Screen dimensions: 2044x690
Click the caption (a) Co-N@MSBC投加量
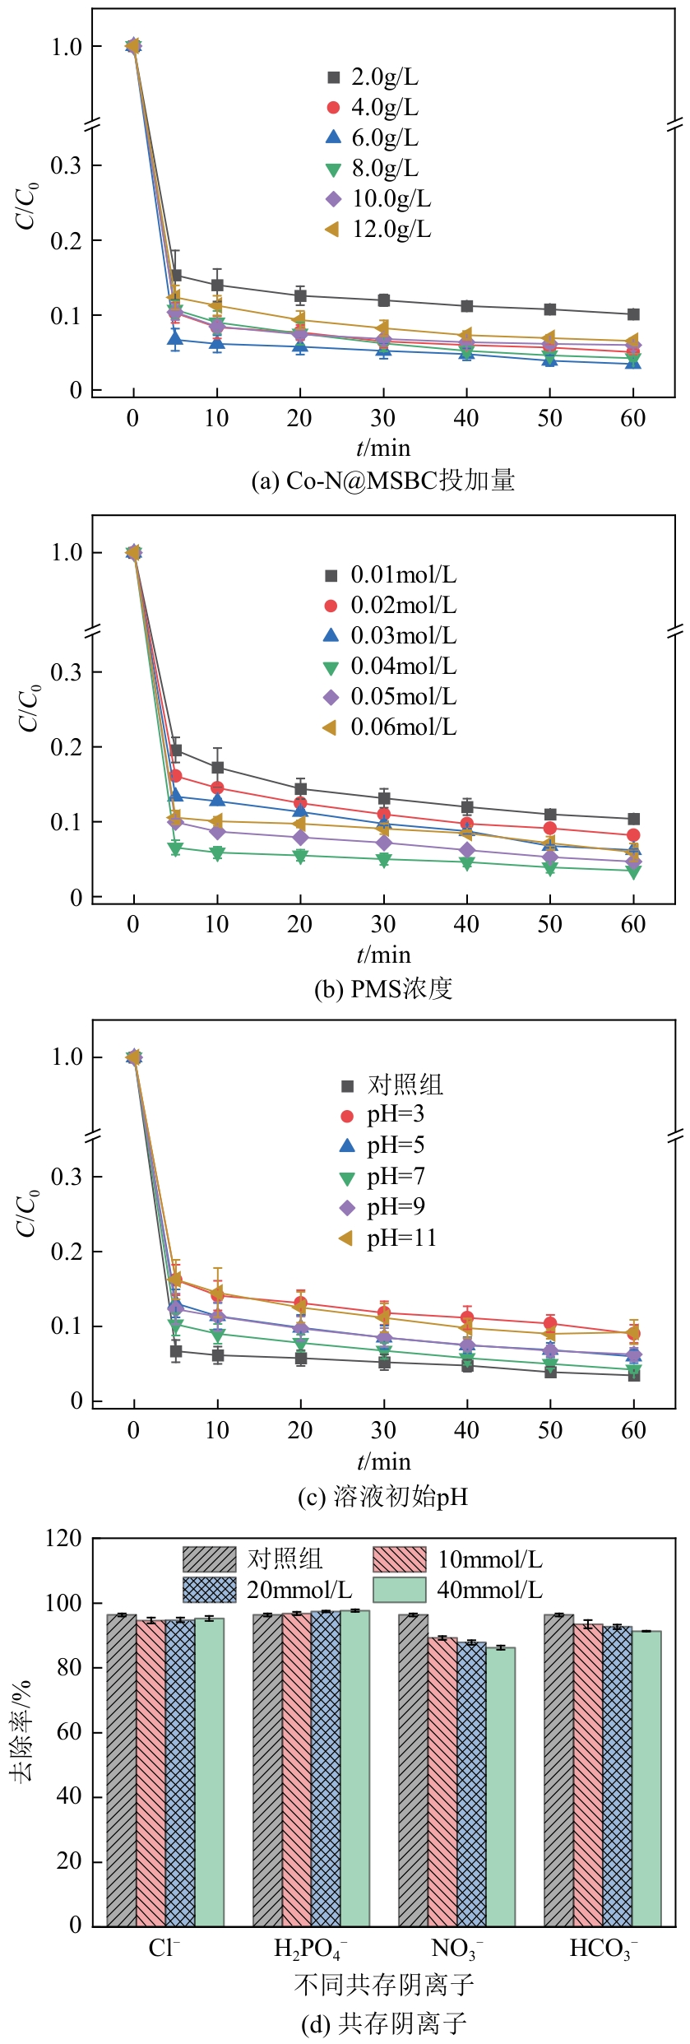pyautogui.click(x=382, y=480)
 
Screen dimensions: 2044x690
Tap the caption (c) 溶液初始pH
pyautogui.click(x=382, y=1496)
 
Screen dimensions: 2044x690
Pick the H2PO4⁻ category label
pyautogui.click(x=310, y=1949)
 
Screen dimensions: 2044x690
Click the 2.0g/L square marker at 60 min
pyautogui.click(x=633, y=314)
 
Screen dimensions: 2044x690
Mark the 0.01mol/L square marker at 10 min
pyautogui.click(x=217, y=768)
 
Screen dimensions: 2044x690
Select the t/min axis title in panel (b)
pyautogui.click(x=383, y=955)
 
